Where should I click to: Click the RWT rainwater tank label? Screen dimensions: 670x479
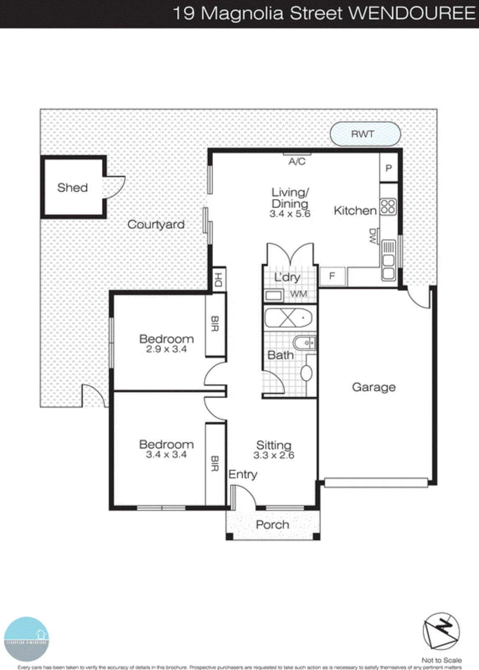[x=363, y=134]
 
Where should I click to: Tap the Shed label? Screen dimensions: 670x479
[x=72, y=188]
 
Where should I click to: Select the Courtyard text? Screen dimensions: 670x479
[x=156, y=224]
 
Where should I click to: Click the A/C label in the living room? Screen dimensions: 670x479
[x=297, y=162]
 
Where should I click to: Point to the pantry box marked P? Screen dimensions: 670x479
[x=389, y=168]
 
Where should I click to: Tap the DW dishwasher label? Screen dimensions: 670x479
[x=372, y=237]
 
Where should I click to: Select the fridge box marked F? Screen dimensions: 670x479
[x=332, y=276]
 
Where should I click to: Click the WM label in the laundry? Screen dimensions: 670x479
[x=298, y=294]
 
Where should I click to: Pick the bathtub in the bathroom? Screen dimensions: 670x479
[x=288, y=318]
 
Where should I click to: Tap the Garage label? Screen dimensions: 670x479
[x=373, y=387]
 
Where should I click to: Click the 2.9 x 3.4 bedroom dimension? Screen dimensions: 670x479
[x=166, y=349]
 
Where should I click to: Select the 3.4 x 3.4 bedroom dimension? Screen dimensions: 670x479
[x=166, y=455]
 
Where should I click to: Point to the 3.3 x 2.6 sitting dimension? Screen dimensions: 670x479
[x=274, y=455]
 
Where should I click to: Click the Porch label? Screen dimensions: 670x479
[x=272, y=525]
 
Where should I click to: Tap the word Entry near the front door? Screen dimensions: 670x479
[x=242, y=474]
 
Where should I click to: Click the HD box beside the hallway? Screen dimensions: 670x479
[x=218, y=279]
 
